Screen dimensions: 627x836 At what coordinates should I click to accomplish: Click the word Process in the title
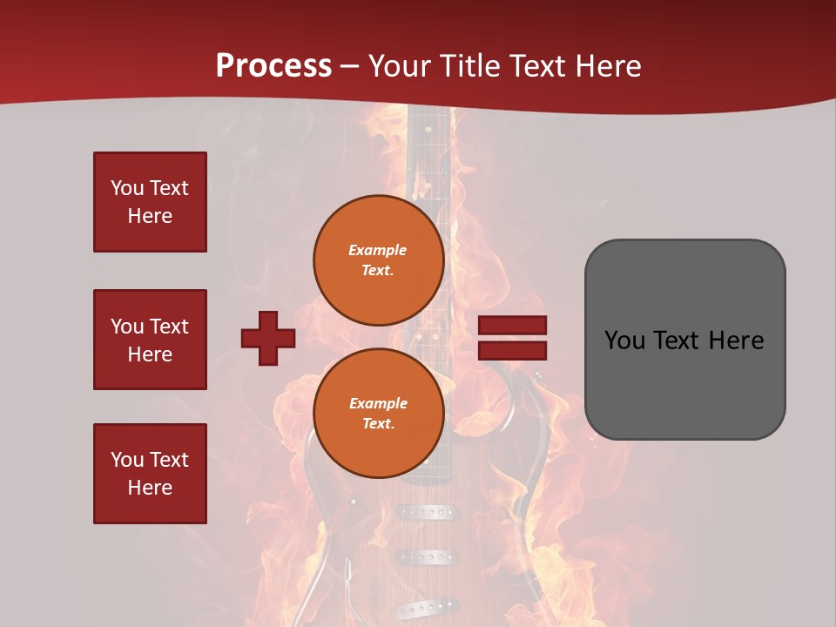click(x=273, y=66)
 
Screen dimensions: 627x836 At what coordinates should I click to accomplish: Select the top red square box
click(x=150, y=202)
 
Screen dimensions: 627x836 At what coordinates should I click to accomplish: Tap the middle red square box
click(x=150, y=340)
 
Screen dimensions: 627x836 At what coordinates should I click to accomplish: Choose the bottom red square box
click(x=150, y=474)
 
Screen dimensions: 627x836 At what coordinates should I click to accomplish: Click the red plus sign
click(x=268, y=338)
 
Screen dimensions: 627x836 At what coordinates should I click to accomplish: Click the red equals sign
click(x=513, y=338)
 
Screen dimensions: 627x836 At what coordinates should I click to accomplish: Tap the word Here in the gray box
click(x=736, y=340)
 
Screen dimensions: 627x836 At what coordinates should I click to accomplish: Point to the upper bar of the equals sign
click(x=513, y=326)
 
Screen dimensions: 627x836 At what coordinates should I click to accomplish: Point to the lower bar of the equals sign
click(x=513, y=351)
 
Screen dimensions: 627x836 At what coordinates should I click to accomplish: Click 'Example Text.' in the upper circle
click(x=378, y=260)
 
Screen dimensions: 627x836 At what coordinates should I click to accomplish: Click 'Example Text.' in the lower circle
click(x=378, y=413)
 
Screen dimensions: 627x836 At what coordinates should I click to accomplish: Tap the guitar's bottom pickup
click(x=426, y=606)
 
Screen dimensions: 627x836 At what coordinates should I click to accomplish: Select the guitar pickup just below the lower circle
click(x=426, y=513)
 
